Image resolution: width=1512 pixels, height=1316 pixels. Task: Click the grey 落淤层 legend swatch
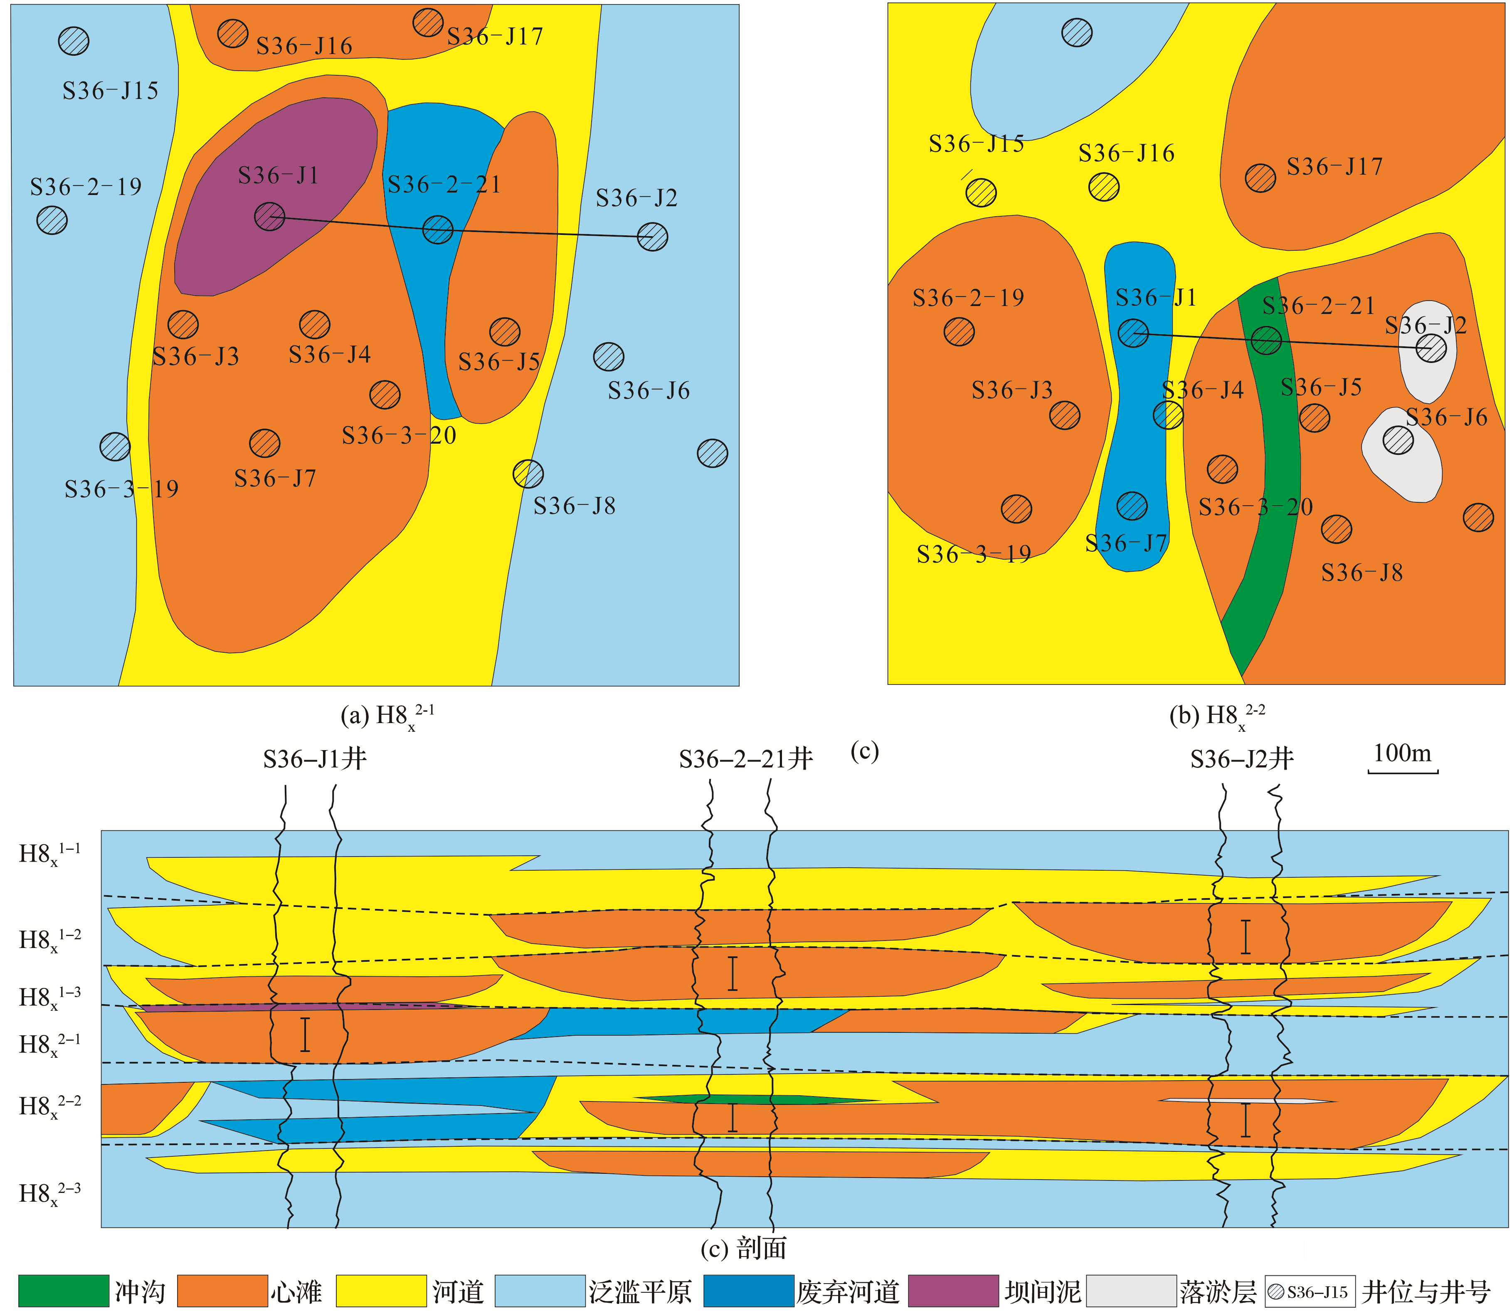1131,1290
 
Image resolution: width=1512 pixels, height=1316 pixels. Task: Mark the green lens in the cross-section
756,1099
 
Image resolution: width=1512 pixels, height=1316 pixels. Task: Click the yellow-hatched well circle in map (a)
528,474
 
